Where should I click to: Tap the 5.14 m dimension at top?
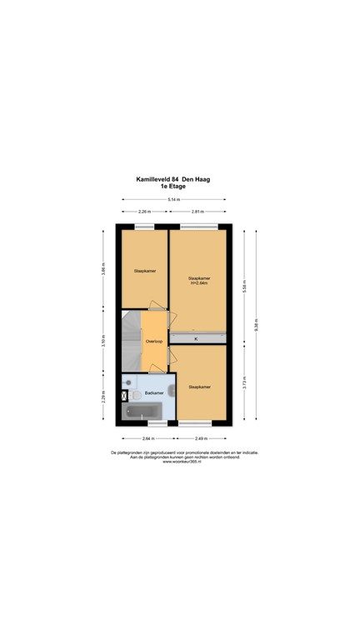click(x=172, y=200)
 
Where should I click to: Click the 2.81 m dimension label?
click(x=197, y=212)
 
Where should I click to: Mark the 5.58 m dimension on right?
click(x=244, y=283)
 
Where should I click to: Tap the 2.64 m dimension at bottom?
click(x=147, y=437)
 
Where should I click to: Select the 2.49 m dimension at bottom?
click(x=201, y=437)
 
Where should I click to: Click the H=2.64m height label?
click(x=198, y=283)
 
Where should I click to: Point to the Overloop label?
click(x=153, y=341)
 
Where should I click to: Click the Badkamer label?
click(x=153, y=392)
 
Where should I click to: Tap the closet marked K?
click(x=197, y=339)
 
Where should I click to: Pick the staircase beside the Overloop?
click(x=131, y=340)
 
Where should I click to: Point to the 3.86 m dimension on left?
click(x=104, y=269)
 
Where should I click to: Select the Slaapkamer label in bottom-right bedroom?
click(x=198, y=387)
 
